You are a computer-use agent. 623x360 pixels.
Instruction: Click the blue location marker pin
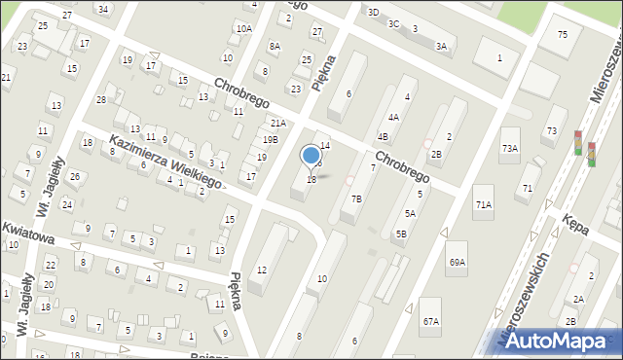click(x=311, y=156)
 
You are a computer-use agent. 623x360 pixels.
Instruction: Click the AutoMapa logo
click(x=562, y=340)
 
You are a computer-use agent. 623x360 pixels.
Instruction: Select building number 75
click(x=563, y=35)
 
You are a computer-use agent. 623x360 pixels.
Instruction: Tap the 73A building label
click(x=509, y=147)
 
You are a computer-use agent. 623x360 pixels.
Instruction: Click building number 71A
click(x=483, y=204)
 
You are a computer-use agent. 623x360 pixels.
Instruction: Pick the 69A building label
click(x=457, y=262)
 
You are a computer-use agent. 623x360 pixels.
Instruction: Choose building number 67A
click(x=430, y=320)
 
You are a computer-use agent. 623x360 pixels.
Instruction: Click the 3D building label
click(x=373, y=12)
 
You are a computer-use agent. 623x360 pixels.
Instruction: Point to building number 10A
click(x=242, y=29)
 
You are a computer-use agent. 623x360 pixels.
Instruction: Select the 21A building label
click(x=277, y=124)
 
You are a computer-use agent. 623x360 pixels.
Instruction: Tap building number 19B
click(x=270, y=140)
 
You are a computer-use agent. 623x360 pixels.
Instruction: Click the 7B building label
click(x=356, y=198)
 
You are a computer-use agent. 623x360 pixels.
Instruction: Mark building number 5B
click(x=400, y=234)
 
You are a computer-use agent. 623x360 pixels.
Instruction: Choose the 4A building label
click(x=393, y=117)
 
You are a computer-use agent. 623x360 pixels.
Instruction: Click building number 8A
click(x=275, y=46)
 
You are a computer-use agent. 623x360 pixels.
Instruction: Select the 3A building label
click(x=441, y=46)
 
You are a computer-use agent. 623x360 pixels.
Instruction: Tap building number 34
click(x=101, y=8)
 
